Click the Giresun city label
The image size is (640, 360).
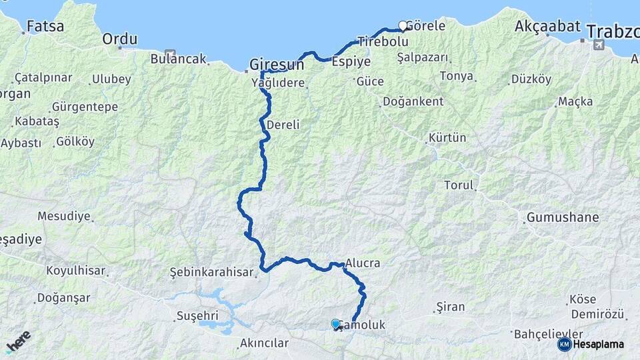click(x=277, y=65)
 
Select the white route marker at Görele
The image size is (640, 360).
click(x=403, y=26)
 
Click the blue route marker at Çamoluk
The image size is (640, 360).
click(x=336, y=324)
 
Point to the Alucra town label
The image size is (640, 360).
click(x=363, y=263)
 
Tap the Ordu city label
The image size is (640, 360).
click(x=119, y=39)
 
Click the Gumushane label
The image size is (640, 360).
click(x=563, y=217)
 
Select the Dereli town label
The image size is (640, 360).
click(x=283, y=125)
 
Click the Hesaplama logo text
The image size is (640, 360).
click(x=598, y=344)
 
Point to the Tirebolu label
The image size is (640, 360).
click(x=382, y=41)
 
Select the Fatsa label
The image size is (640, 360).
click(x=45, y=27)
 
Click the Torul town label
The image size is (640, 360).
click(x=459, y=185)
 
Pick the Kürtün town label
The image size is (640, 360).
click(x=447, y=138)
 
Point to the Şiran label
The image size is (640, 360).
click(x=449, y=307)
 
